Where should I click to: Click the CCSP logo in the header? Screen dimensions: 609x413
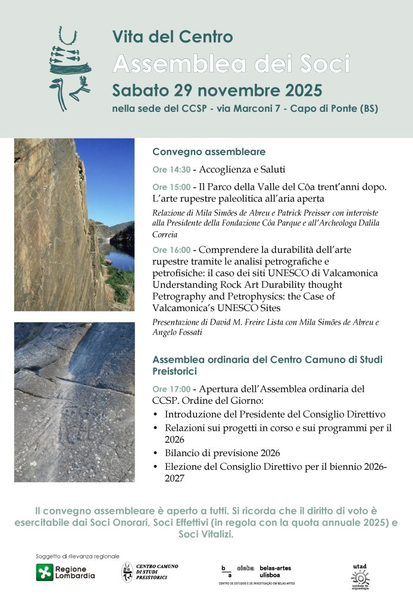70,68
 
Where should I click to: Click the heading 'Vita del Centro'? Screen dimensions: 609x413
173,37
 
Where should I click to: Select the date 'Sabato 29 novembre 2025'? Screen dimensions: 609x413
217,90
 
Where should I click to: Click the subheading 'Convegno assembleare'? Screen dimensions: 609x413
209,152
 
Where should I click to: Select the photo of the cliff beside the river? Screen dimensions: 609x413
74,225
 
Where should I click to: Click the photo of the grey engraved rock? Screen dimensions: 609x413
74,402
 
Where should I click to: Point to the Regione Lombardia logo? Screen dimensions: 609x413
65,572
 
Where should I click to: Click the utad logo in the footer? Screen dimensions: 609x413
359,576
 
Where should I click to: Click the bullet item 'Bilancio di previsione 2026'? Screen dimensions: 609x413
223,453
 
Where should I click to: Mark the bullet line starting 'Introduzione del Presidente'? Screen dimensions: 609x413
275,414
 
